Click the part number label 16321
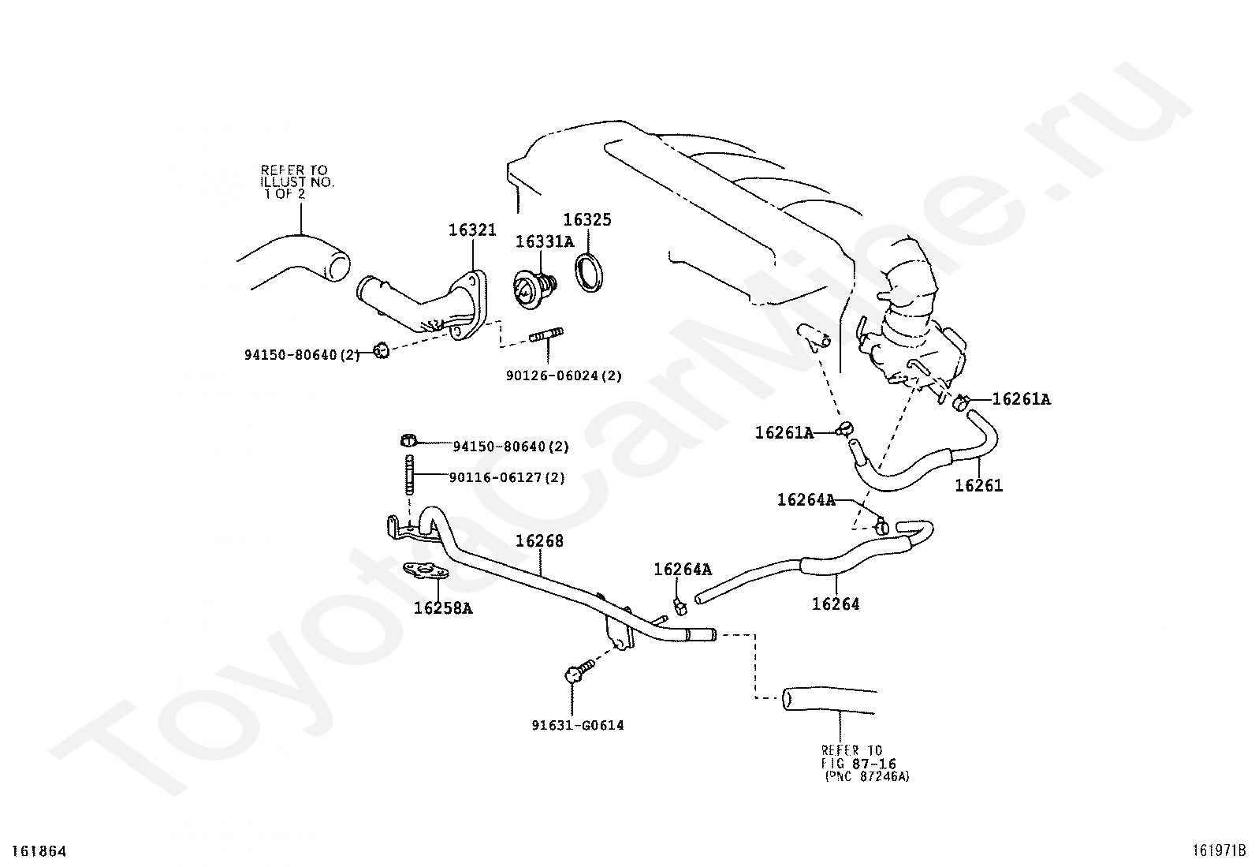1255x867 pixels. tap(472, 230)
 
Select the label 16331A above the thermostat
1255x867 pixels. tap(545, 241)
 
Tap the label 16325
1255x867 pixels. tap(587, 220)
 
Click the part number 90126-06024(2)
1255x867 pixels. tap(564, 376)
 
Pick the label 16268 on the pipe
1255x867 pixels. tap(540, 541)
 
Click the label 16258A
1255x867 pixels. tap(443, 608)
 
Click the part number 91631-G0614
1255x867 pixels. tap(577, 726)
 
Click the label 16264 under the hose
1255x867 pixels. tap(836, 604)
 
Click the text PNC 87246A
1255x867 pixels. tap(867, 776)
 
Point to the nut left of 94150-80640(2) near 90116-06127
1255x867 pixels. tap(408, 440)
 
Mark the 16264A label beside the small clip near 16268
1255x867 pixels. tap(683, 570)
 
